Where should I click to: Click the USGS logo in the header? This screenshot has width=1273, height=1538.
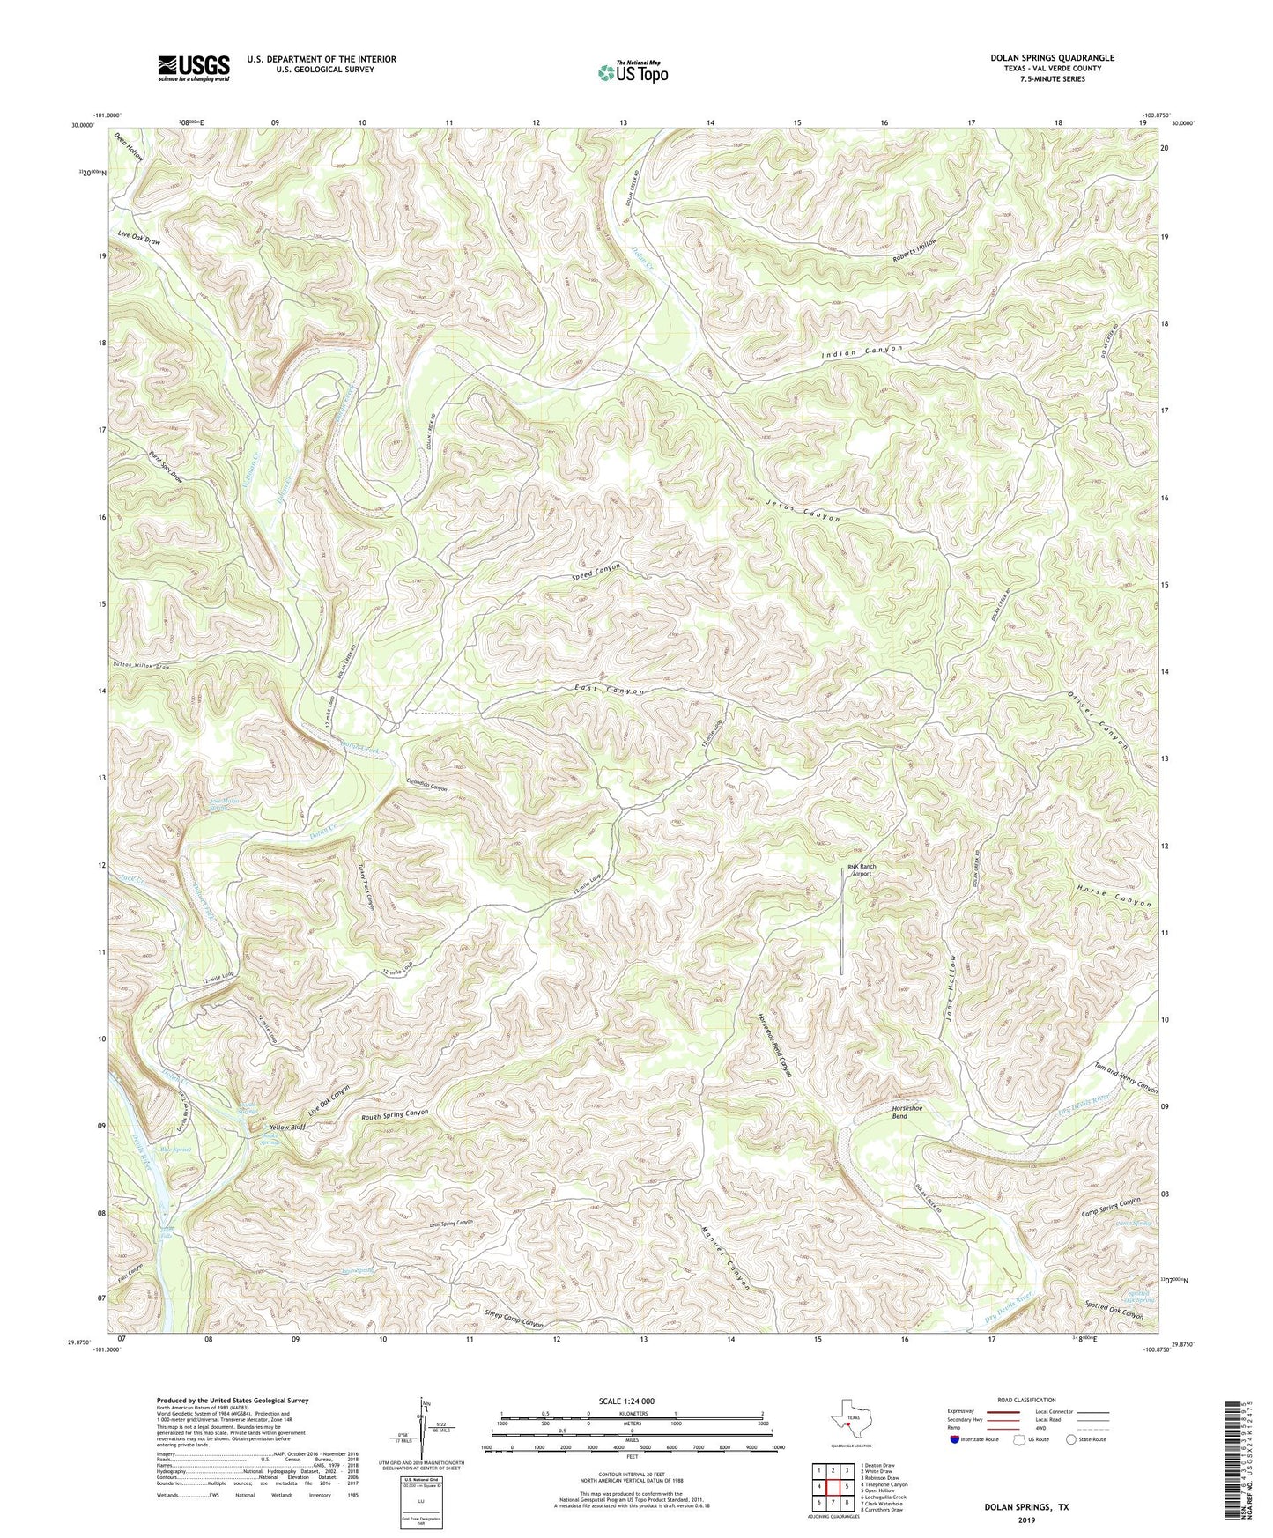194,68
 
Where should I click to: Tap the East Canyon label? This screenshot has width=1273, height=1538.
610,690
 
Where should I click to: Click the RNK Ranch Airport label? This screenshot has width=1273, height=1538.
861,869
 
